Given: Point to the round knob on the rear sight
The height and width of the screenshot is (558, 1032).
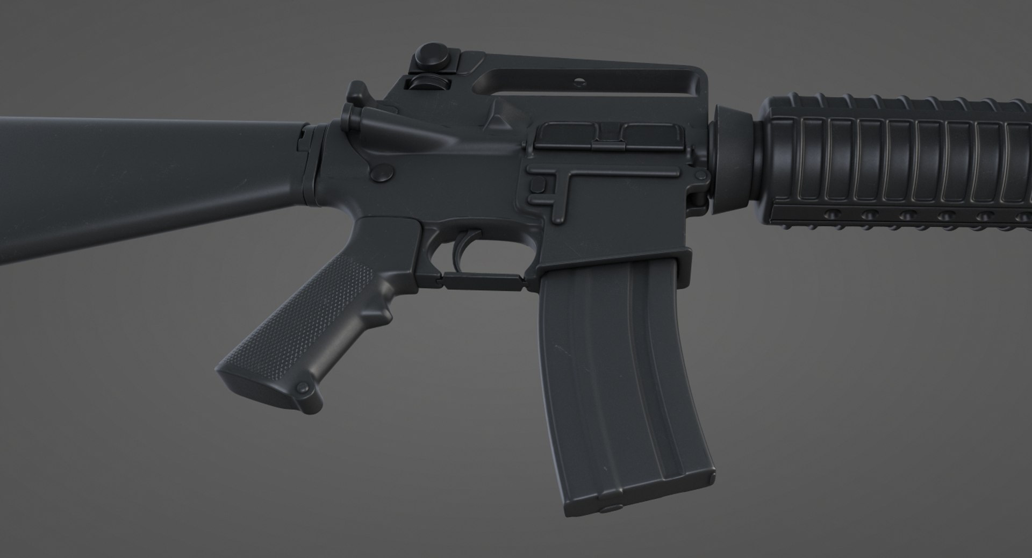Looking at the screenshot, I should click(x=434, y=54).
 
